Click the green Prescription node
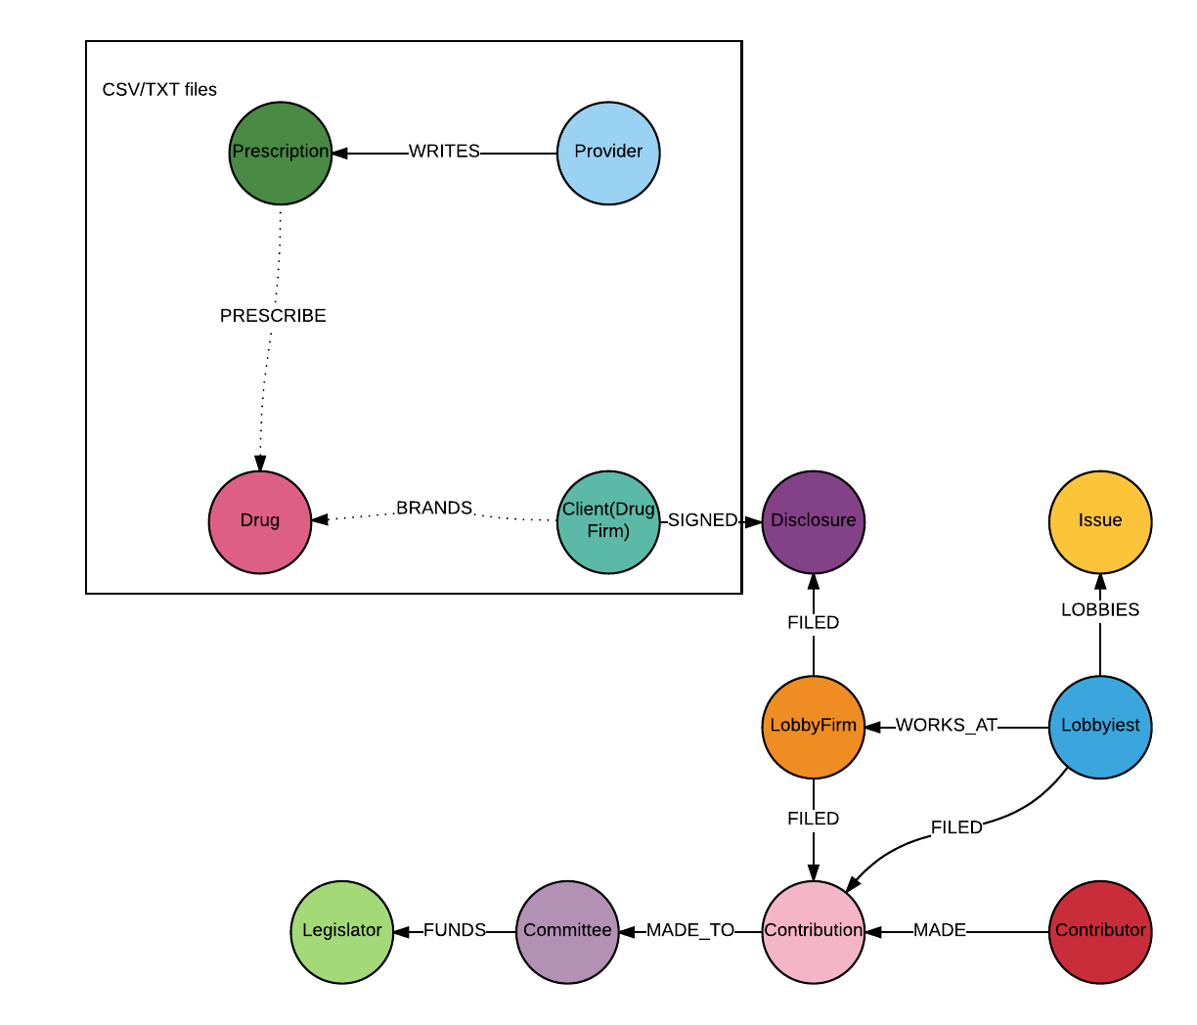pyautogui.click(x=281, y=153)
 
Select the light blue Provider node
pyautogui.click(x=608, y=153)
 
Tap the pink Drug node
pyautogui.click(x=260, y=521)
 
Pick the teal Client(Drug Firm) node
pyautogui.click(x=608, y=521)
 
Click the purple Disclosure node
pyautogui.click(x=813, y=521)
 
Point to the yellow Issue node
pyautogui.click(x=1100, y=521)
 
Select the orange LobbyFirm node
pyautogui.click(x=813, y=727)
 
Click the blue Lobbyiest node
pyautogui.click(x=1100, y=727)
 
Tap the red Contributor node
pyautogui.click(x=1100, y=931)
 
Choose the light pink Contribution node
pyautogui.click(x=813, y=931)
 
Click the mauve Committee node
pyautogui.click(x=567, y=931)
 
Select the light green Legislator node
pyautogui.click(x=342, y=931)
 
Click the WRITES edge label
pyautogui.click(x=444, y=152)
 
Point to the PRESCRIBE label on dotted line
pyautogui.click(x=273, y=316)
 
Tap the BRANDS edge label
pyautogui.click(x=434, y=509)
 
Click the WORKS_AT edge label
pyautogui.click(x=947, y=726)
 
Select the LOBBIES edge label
pyautogui.click(x=1100, y=610)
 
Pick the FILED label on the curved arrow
pyautogui.click(x=956, y=827)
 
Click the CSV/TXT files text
pyautogui.click(x=159, y=90)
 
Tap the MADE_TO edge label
pyautogui.click(x=690, y=931)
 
